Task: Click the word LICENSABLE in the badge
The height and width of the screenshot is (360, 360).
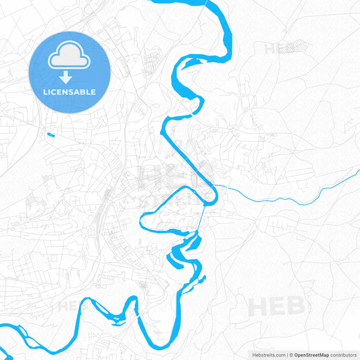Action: coord(70,92)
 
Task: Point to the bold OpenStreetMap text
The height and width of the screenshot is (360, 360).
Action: coord(311,354)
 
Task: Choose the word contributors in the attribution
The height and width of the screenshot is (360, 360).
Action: coord(343,354)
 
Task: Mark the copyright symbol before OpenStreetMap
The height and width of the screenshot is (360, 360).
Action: coord(291,354)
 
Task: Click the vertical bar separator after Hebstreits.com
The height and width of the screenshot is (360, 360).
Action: coord(286,354)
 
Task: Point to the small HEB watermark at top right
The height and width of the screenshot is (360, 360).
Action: coord(278,49)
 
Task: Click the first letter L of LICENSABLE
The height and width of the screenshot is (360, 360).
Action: coord(45,92)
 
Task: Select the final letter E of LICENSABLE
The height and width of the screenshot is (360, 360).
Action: coord(93,92)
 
